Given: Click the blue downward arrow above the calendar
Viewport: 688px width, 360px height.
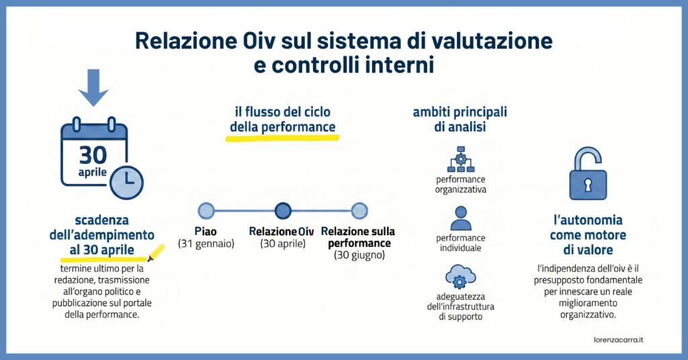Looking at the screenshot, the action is [93, 88].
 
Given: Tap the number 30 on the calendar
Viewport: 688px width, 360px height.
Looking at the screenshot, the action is [93, 155].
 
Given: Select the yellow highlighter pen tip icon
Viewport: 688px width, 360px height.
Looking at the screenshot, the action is [156, 253].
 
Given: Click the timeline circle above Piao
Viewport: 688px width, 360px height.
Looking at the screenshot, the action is [206, 211].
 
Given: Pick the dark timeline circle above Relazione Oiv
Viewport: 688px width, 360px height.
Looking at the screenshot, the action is [283, 211].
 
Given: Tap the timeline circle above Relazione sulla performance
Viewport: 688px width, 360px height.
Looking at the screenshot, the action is [359, 211].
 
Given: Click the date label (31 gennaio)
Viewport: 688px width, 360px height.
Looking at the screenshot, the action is [206, 244].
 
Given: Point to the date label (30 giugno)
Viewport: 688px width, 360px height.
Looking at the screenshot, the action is [359, 255].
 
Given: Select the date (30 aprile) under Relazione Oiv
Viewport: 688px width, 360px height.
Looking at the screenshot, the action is [283, 244].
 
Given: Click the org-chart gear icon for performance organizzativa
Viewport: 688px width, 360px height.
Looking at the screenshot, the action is [461, 160].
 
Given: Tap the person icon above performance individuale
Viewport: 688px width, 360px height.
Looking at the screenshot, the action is [461, 218].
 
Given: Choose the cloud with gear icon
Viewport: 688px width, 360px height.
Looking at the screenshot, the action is [461, 276].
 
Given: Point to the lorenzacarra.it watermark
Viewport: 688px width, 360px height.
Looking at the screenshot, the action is [618, 340].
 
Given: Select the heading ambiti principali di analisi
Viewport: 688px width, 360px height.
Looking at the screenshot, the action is [460, 120].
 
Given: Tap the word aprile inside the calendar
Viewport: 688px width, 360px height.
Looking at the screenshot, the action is [93, 173].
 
